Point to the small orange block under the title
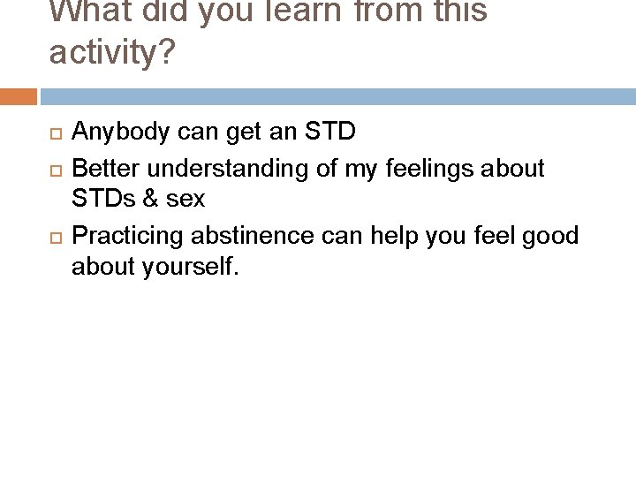(x=19, y=96)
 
